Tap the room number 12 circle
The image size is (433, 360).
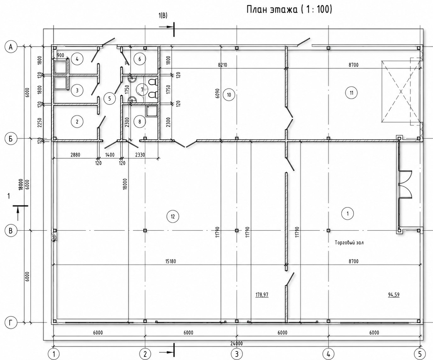173,217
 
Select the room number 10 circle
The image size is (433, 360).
229,95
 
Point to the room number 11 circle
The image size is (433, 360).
351,93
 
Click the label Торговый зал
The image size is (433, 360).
349,243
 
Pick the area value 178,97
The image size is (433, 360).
262,295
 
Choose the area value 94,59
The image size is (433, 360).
394,295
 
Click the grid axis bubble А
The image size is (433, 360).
11,47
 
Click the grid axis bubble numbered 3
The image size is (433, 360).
236,354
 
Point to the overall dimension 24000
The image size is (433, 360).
236,343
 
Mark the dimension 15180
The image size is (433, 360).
171,262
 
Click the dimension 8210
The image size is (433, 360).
223,65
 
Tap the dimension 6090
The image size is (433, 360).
218,93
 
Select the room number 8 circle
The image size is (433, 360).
140,121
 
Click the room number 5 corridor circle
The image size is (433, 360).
110,98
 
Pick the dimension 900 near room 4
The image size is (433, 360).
60,55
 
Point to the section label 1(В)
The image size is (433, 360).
163,16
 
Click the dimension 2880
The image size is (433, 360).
75,155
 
